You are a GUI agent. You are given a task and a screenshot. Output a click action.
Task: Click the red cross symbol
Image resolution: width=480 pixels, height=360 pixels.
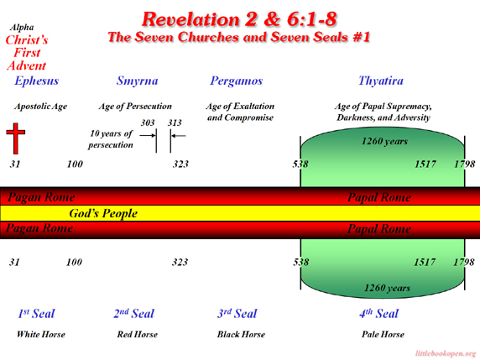click(16, 138)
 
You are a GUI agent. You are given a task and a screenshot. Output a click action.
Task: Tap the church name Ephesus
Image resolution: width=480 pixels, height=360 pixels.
click(36, 81)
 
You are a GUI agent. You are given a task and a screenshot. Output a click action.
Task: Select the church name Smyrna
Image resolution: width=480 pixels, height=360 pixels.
click(137, 81)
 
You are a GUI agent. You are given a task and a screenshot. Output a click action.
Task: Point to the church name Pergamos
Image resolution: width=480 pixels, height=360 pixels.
click(236, 81)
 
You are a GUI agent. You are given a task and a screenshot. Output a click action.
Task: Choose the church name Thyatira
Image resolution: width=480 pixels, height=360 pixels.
click(381, 81)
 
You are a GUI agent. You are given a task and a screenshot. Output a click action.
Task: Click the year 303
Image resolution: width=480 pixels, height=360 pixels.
click(148, 123)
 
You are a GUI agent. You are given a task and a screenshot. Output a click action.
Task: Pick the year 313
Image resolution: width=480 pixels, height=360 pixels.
click(175, 123)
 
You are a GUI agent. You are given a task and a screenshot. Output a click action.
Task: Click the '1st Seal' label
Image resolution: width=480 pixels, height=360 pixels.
click(36, 314)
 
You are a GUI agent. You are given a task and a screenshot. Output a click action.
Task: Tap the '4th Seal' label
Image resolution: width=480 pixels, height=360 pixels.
click(378, 314)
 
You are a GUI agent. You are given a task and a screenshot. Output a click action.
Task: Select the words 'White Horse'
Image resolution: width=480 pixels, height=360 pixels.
click(41, 334)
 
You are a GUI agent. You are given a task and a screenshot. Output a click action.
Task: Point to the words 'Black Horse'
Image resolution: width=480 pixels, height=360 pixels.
click(241, 334)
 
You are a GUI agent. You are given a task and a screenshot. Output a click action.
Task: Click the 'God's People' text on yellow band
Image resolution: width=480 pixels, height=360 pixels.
click(103, 213)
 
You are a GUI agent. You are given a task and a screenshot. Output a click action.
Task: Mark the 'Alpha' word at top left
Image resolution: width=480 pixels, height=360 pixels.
click(22, 28)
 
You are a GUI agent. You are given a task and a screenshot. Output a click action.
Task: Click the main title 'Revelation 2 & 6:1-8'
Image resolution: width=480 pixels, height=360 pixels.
click(239, 19)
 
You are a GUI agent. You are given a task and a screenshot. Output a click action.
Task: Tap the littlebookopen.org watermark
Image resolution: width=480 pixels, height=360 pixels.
click(446, 353)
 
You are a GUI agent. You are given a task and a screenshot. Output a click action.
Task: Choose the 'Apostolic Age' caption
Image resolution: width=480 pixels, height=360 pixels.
click(40, 107)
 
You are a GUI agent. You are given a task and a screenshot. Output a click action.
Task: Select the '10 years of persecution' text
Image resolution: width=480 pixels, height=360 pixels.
click(111, 139)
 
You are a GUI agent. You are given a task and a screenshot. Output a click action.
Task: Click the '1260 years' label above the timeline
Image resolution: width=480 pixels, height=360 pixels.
click(384, 142)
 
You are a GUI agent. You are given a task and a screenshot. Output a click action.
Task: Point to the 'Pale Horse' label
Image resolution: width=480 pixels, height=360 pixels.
click(383, 334)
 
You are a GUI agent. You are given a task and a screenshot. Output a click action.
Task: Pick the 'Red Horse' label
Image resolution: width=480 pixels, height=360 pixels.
click(137, 334)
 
